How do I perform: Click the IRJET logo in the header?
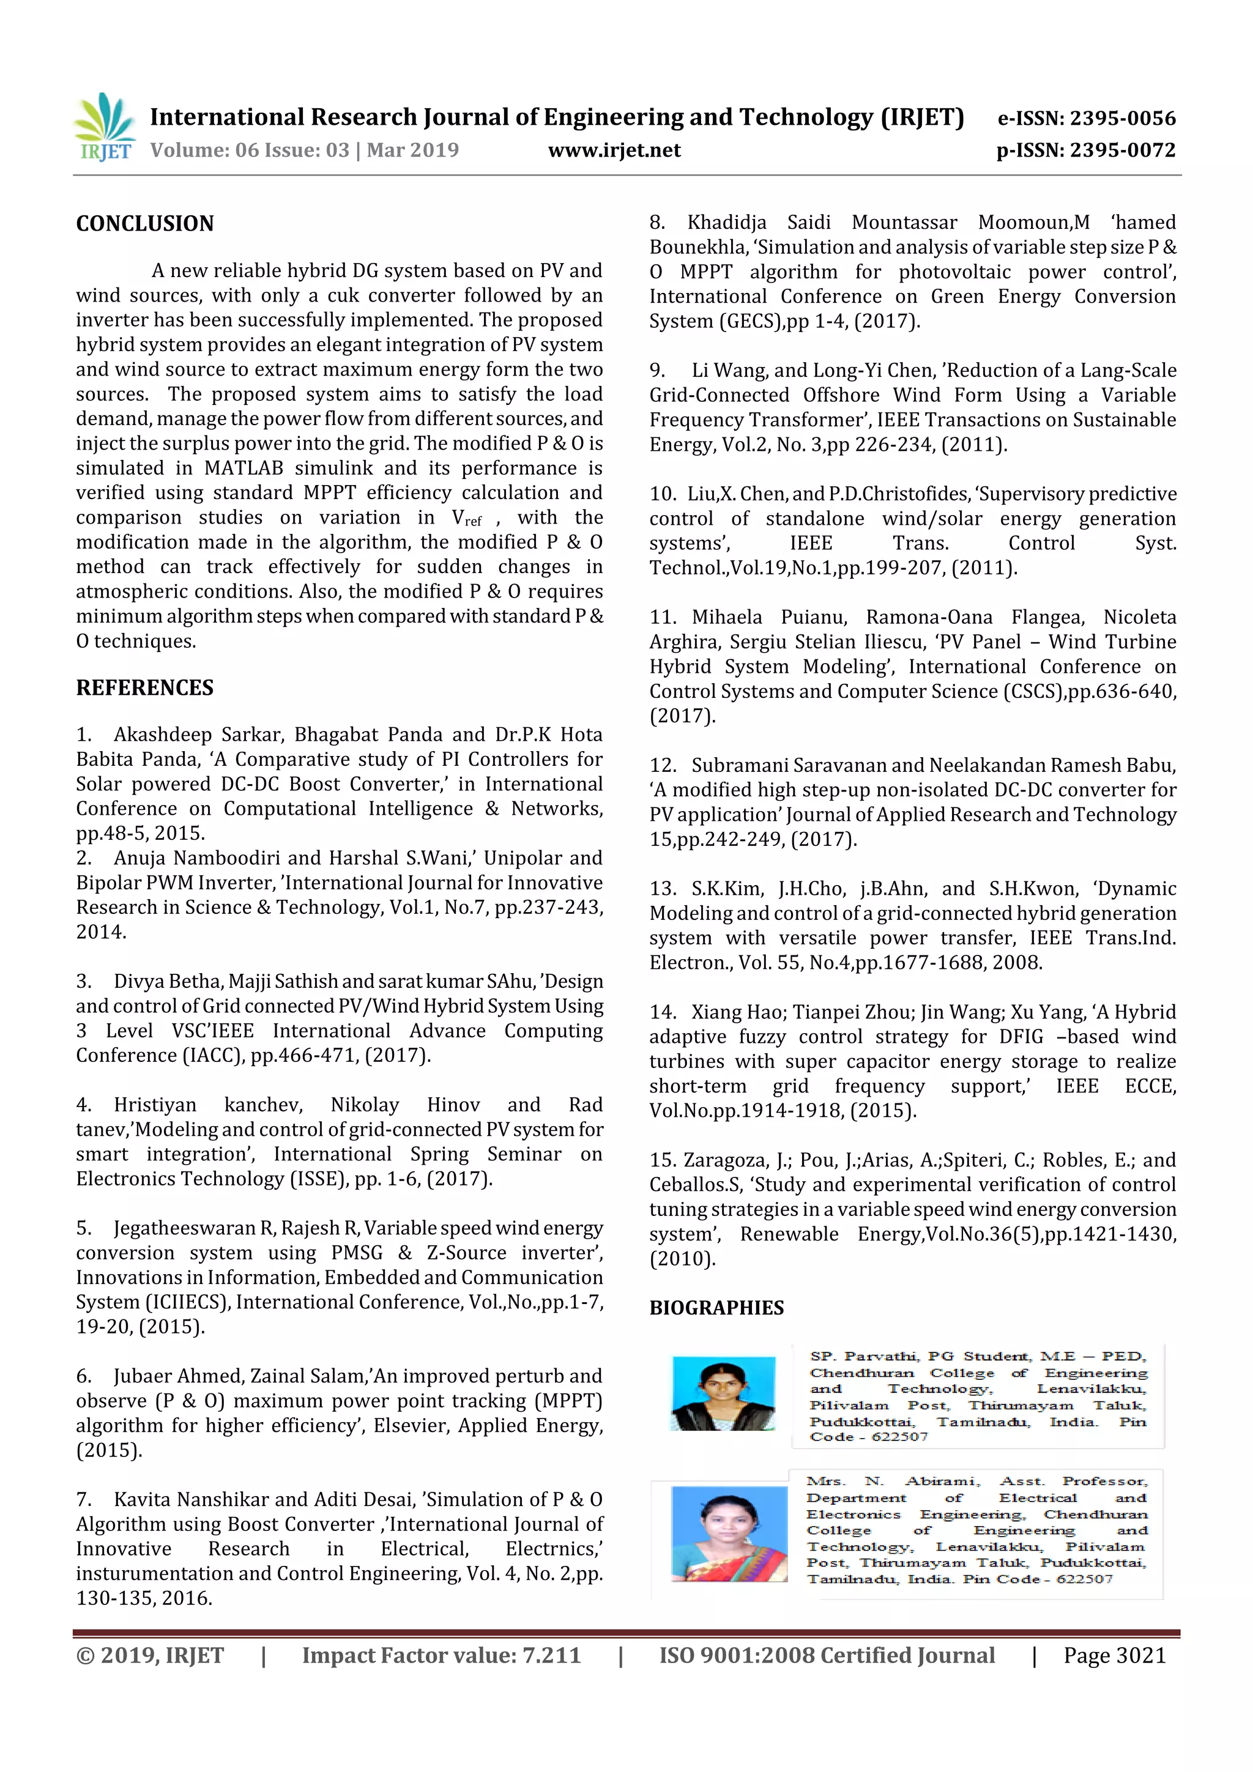(x=104, y=127)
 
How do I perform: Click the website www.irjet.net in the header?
(x=614, y=150)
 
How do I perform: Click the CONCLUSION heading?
(x=144, y=224)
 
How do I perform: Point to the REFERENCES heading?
(x=144, y=688)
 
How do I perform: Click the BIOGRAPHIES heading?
(x=716, y=1307)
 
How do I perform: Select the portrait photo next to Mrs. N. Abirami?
(x=729, y=1534)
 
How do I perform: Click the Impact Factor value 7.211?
(x=551, y=1655)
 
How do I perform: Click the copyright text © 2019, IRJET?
(x=150, y=1655)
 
